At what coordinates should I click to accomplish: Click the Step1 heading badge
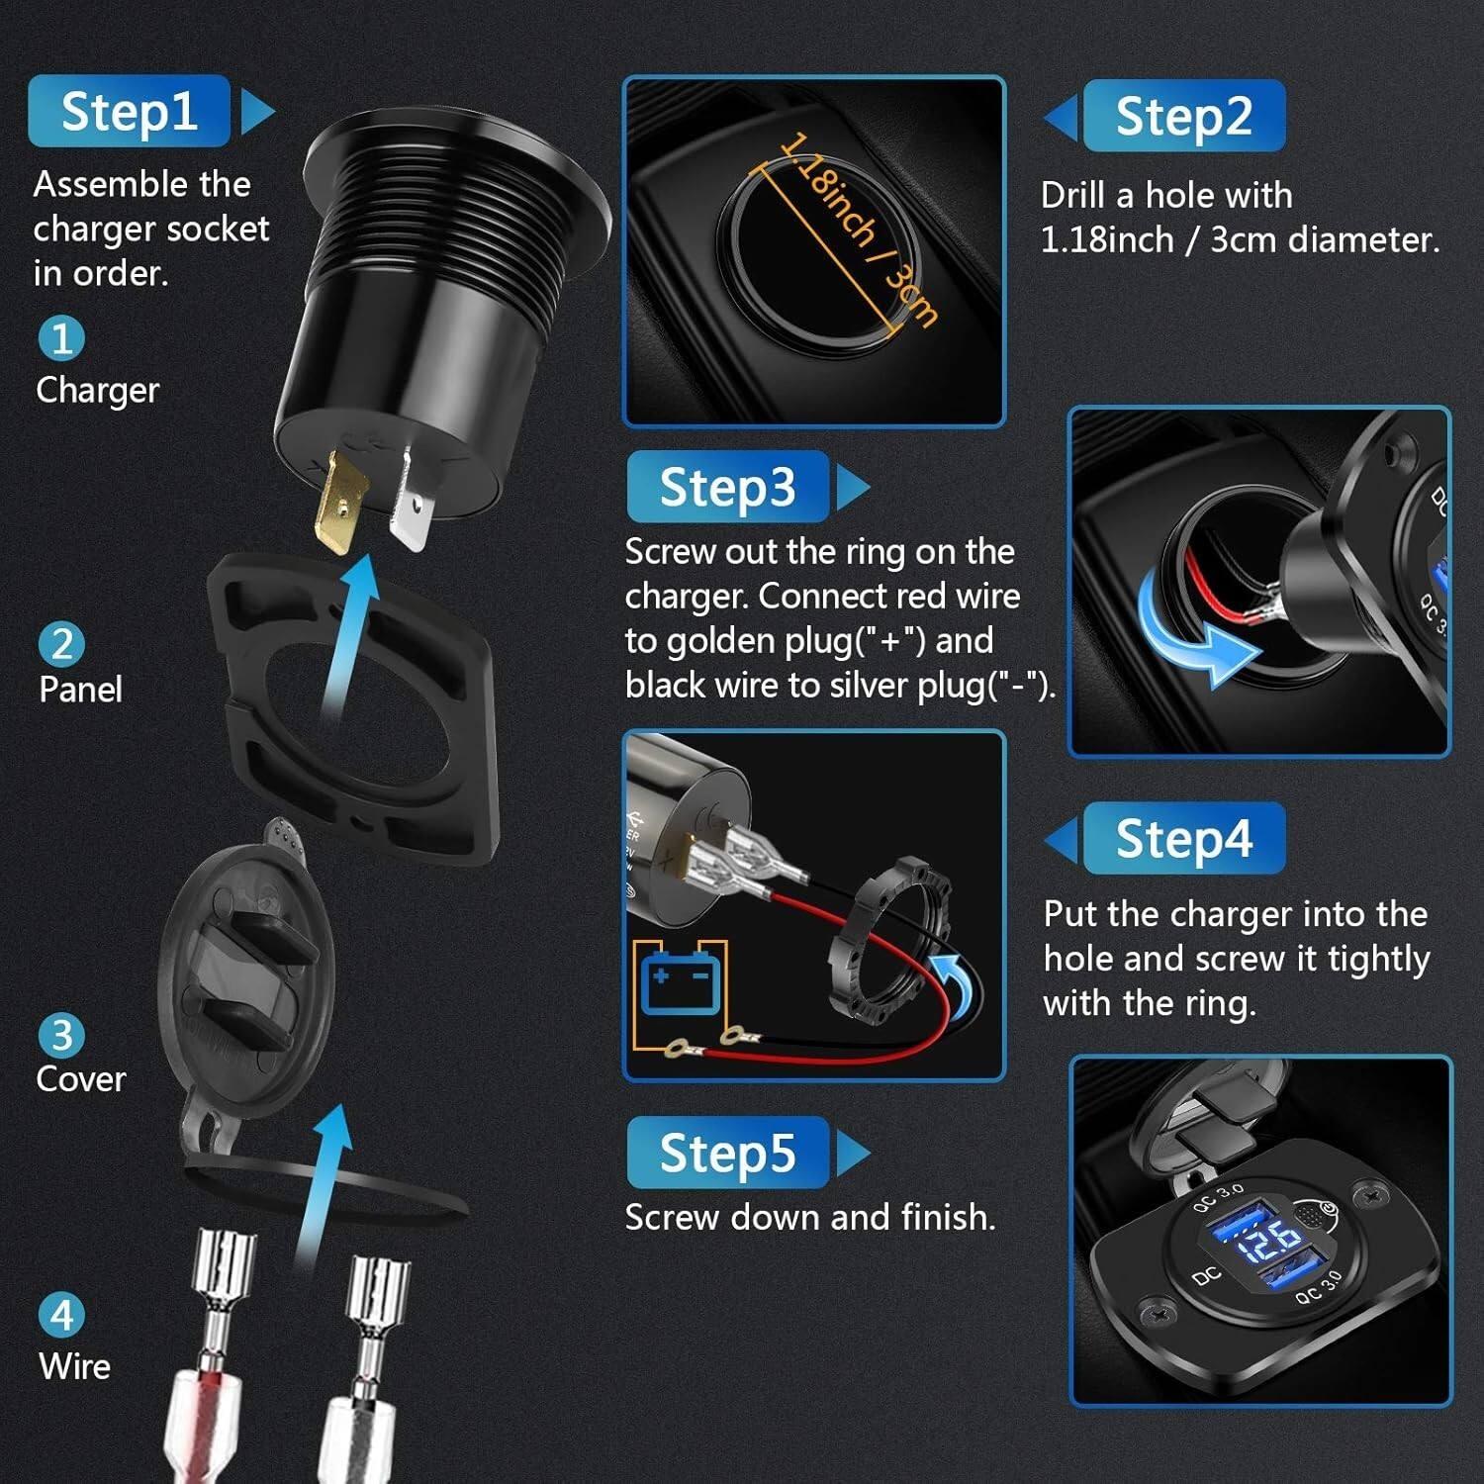point(129,111)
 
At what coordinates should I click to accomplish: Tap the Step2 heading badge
point(1184,116)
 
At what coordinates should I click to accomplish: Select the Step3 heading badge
point(728,487)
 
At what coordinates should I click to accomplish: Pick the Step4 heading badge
point(1184,838)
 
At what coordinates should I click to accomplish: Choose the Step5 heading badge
point(728,1153)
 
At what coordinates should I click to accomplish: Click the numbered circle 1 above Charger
point(61,338)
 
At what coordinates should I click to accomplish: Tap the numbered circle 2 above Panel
point(61,644)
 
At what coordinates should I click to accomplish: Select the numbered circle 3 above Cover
point(61,1036)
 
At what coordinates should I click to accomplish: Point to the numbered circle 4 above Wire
point(61,1316)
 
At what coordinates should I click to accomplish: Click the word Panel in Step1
point(80,689)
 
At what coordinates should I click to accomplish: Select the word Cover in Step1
point(81,1078)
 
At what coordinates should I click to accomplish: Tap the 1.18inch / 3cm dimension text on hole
point(857,229)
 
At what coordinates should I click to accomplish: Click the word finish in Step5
point(944,1217)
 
